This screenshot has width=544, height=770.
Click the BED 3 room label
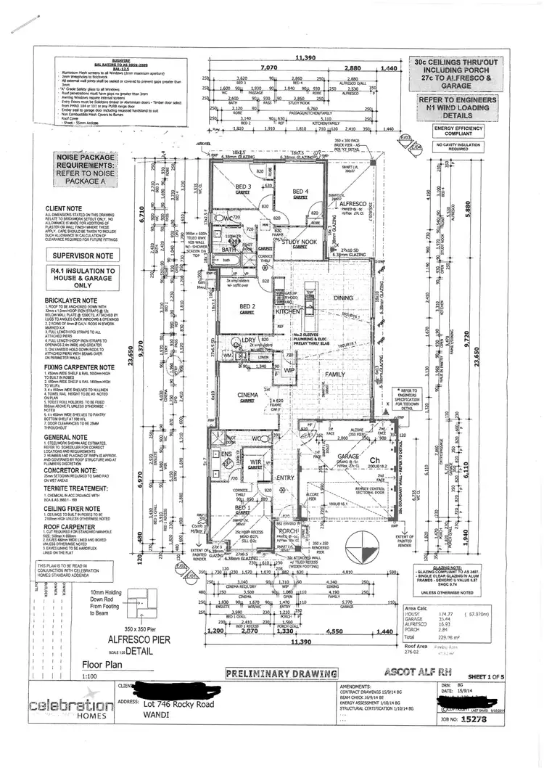coord(243,187)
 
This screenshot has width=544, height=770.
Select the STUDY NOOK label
coord(300,242)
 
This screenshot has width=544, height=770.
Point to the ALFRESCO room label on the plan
coord(355,205)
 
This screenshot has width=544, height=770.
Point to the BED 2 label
coord(247,306)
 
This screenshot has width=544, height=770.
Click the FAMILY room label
coord(335,374)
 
